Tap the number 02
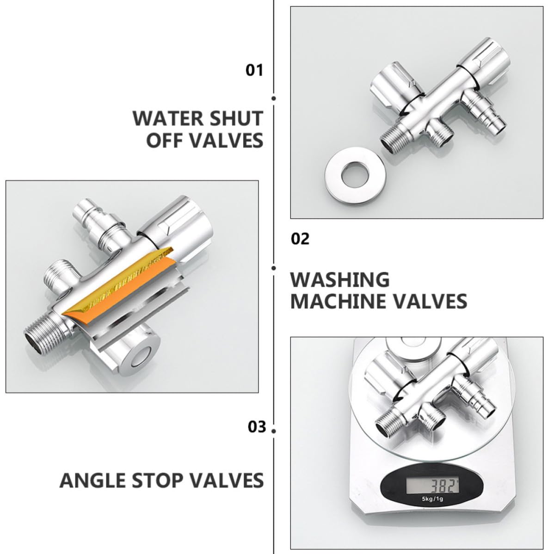pyautogui.click(x=300, y=239)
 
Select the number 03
pyautogui.click(x=257, y=427)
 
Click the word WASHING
pyautogui.click(x=340, y=280)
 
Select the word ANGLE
pyautogui.click(x=92, y=480)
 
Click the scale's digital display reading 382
pyautogui.click(x=432, y=486)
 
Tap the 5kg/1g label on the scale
pyautogui.click(x=432, y=499)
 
